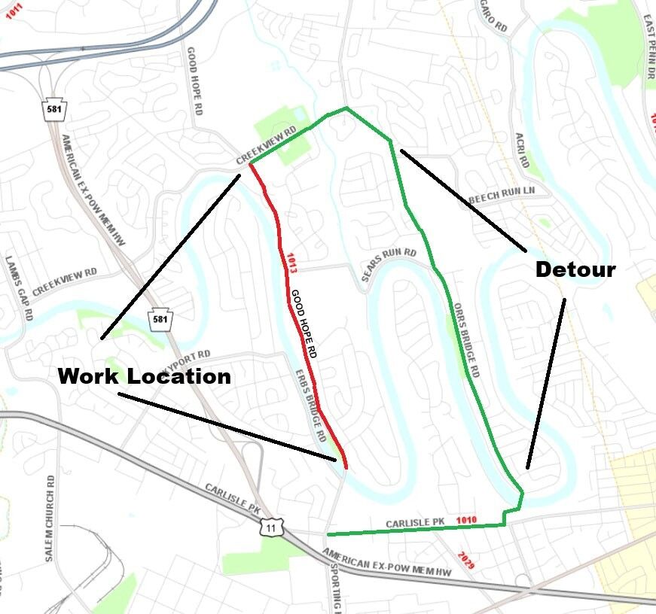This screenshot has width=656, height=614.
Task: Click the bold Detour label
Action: [x=575, y=270]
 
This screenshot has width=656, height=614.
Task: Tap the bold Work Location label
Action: [x=144, y=375]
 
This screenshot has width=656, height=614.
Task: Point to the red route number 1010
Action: [x=466, y=519]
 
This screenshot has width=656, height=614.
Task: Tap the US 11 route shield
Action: [x=270, y=527]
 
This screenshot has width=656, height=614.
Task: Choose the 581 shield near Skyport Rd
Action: [x=160, y=319]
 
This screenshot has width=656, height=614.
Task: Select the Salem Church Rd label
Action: [x=51, y=519]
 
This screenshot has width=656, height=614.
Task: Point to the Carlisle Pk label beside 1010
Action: [x=415, y=522]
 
